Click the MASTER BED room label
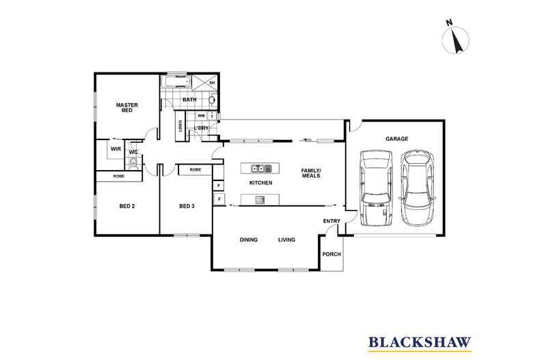(127, 107)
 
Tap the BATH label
(189, 100)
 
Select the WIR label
(116, 148)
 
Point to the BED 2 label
(127, 206)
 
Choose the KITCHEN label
(261, 184)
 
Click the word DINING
(248, 240)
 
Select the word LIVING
(286, 240)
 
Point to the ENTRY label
(332, 221)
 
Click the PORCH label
(331, 255)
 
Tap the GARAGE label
(396, 139)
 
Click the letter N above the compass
(450, 23)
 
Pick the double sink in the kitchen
(260, 168)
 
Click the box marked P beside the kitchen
(219, 185)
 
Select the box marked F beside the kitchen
(219, 199)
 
